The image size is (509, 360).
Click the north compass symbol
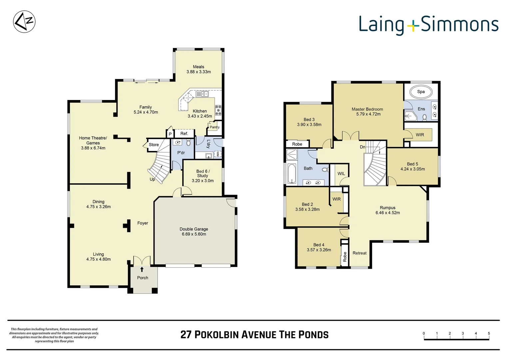pos(24,22)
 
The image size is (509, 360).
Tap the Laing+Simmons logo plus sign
pos(413,25)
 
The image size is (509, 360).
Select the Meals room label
pos(199,67)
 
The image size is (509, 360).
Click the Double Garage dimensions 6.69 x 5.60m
pos(194,234)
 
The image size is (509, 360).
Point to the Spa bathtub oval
pos(421,92)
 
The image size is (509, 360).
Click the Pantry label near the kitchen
pos(215,127)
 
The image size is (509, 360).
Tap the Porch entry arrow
pos(142,269)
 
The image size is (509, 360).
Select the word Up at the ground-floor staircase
pos(152,179)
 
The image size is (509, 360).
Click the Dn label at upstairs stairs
pos(362,147)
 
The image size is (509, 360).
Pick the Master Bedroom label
pos(367,109)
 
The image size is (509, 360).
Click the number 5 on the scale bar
pos(489,333)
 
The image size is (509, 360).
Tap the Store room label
pos(154,145)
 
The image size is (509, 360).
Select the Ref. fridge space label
pos(184,134)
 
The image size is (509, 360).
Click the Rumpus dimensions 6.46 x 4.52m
pos(387,213)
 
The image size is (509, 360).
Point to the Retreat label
pos(359,253)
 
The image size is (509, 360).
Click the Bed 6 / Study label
pos(203,173)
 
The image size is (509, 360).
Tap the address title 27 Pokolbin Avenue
pos(254,335)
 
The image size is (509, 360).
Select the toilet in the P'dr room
pos(189,143)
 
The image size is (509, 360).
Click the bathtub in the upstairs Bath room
pos(292,173)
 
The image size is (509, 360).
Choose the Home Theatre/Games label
pos(93,140)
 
